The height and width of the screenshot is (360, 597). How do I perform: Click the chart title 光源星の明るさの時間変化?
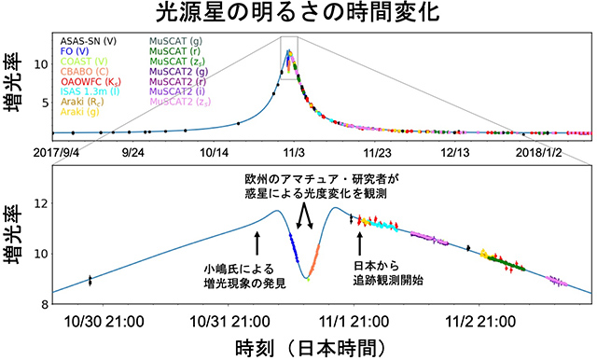[x=298, y=14]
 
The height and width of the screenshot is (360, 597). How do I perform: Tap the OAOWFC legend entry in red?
[x=87, y=80]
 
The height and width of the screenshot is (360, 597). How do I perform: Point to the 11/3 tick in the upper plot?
[x=294, y=150]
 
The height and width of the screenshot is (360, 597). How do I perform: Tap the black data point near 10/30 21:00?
[x=90, y=280]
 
